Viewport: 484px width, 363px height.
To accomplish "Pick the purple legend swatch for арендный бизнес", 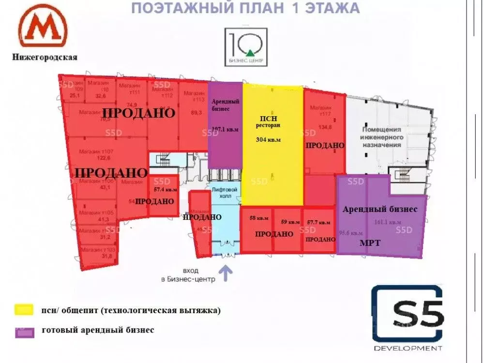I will click(x=24, y=332).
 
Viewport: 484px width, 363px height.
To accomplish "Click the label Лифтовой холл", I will click(x=225, y=192).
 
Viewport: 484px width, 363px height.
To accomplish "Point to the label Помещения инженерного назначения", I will click(x=382, y=137).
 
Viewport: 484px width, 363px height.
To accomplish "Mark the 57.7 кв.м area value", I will click(x=318, y=223).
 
